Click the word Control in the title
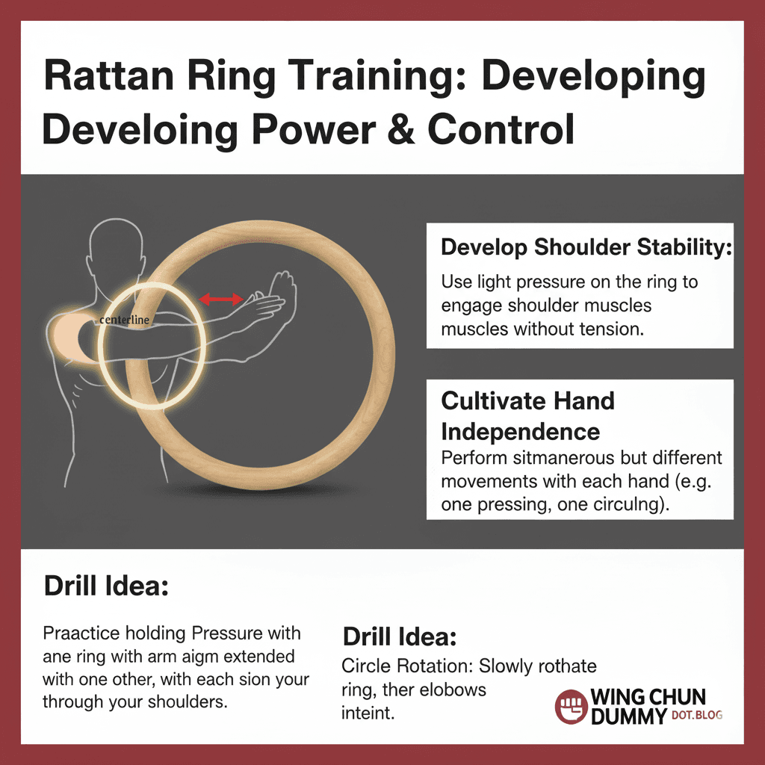[x=501, y=130]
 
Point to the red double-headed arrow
[x=221, y=300]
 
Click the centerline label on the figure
[x=125, y=320]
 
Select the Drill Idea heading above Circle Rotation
[x=400, y=638]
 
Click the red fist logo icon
[x=570, y=706]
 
